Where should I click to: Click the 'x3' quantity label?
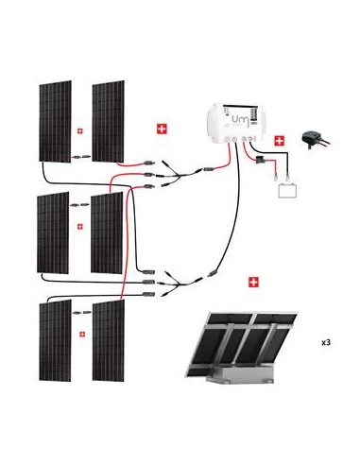pos(325,342)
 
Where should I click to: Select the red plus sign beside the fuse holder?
pos(280,141)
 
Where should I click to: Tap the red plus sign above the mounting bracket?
pos(252,282)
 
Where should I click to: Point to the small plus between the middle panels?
pos(79,227)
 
